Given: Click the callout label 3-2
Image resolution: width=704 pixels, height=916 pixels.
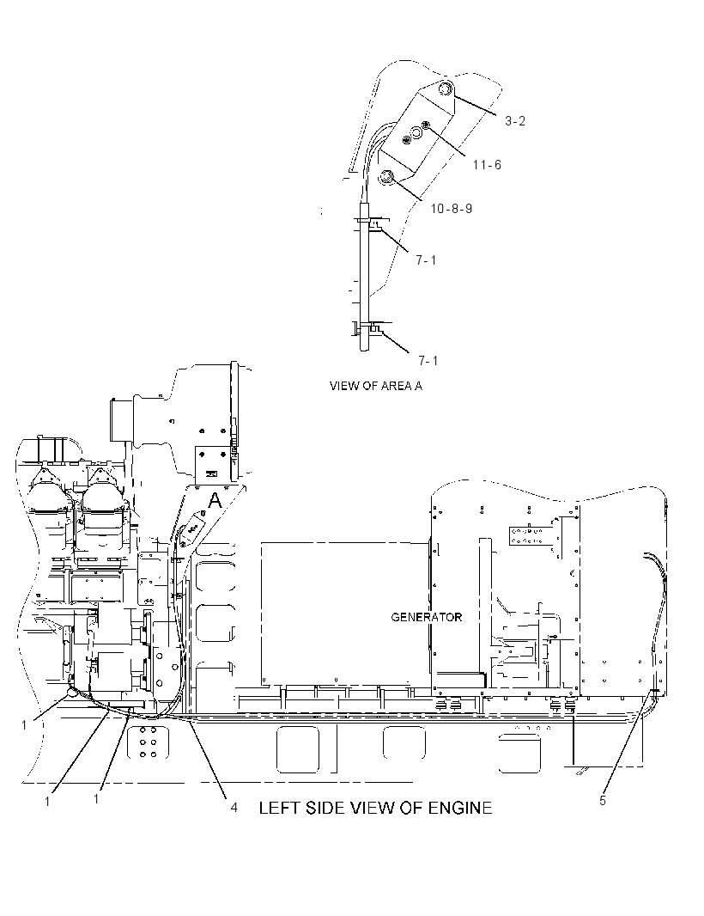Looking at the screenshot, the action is pyautogui.click(x=515, y=121).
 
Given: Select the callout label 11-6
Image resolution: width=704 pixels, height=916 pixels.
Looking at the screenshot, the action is pyautogui.click(x=487, y=165).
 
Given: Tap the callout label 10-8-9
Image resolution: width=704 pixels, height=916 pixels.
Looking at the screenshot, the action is pyautogui.click(x=452, y=209).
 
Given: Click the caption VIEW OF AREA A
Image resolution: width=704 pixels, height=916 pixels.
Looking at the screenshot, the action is pyautogui.click(x=375, y=386).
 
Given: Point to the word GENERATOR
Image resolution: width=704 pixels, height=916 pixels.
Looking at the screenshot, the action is pyautogui.click(x=426, y=617).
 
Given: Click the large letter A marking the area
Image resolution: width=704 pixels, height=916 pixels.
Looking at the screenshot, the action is pyautogui.click(x=215, y=500).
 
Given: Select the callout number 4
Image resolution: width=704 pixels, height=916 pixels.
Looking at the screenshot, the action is pyautogui.click(x=234, y=808).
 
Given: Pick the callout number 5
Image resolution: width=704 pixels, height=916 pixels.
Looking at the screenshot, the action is pyautogui.click(x=603, y=800).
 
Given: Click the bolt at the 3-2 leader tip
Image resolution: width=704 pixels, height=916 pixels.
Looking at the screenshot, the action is pyautogui.click(x=446, y=89).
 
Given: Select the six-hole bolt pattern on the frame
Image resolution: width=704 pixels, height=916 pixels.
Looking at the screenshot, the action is pyautogui.click(x=148, y=742).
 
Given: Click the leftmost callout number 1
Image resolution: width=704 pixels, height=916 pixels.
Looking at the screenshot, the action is pyautogui.click(x=24, y=725).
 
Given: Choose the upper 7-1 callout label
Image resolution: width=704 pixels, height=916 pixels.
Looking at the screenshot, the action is pyautogui.click(x=426, y=260).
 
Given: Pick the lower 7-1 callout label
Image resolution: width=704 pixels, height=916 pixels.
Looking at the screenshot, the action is pyautogui.click(x=428, y=360).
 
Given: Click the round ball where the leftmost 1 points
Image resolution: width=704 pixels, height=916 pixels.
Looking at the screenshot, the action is pyautogui.click(x=72, y=693).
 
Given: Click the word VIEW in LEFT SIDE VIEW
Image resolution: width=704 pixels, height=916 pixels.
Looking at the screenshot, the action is pyautogui.click(x=371, y=808).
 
